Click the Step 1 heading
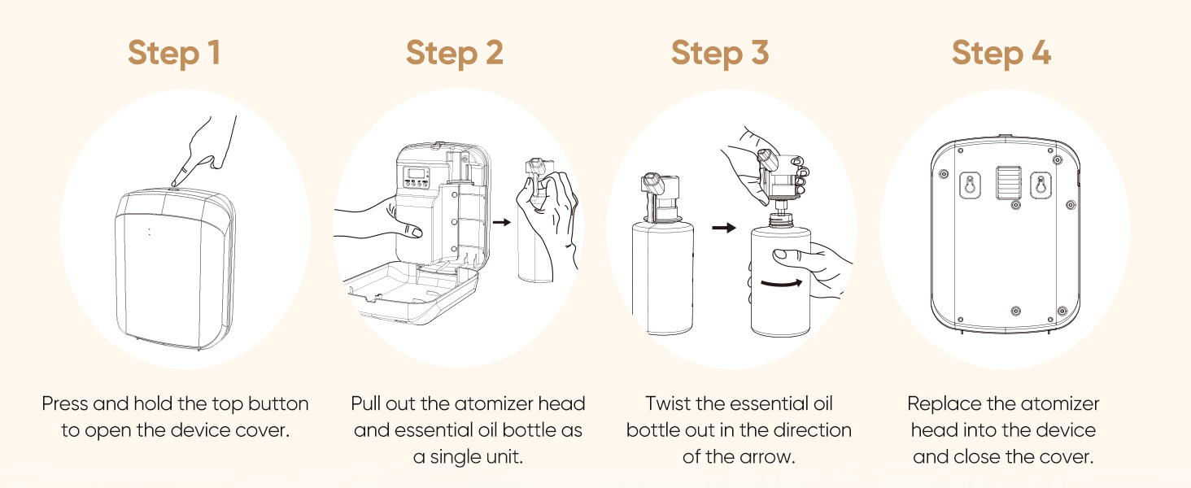point(174,53)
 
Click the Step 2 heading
point(454,53)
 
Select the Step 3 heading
point(719,53)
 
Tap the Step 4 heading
point(1001,53)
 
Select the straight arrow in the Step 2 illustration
point(502,220)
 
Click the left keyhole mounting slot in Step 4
point(966,185)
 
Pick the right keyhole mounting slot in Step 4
point(1038,185)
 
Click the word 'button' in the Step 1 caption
point(276,403)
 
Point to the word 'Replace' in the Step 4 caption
point(939,403)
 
